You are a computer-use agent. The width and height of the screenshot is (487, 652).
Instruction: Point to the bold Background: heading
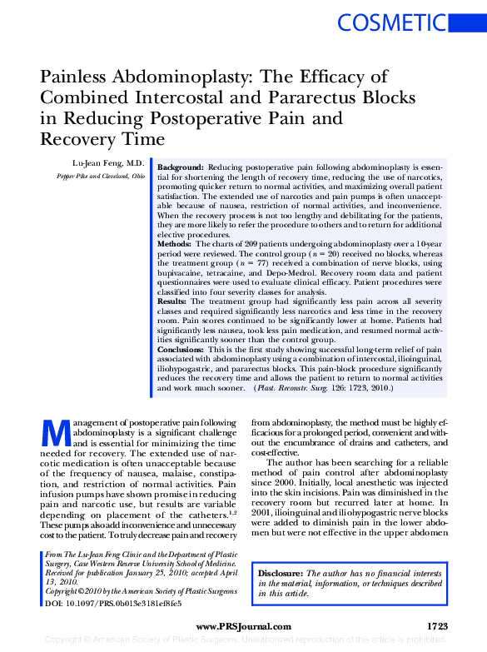tap(181, 167)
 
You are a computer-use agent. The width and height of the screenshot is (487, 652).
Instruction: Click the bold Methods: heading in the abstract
tap(175, 243)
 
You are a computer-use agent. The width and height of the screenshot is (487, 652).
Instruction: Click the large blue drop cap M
tap(54, 434)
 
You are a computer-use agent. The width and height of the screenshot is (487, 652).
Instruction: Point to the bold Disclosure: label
tap(281, 575)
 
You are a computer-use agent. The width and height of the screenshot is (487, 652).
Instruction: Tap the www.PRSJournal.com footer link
tap(243, 626)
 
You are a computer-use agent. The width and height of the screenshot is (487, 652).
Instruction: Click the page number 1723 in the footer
tap(438, 626)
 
